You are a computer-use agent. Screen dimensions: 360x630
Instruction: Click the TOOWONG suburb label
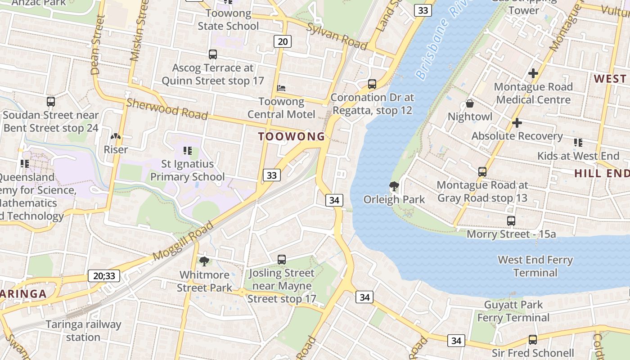(x=292, y=136)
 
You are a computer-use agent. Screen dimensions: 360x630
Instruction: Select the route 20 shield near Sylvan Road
(x=283, y=42)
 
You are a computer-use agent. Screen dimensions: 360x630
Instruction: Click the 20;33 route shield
(x=104, y=276)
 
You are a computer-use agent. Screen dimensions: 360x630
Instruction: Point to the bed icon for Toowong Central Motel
(x=282, y=88)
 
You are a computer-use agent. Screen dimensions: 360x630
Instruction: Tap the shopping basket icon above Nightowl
(x=470, y=103)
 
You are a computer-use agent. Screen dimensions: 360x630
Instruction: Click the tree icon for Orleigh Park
(x=394, y=186)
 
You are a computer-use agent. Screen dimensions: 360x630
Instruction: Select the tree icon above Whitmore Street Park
(x=204, y=261)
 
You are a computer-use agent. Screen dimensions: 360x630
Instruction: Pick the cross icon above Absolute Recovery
(x=517, y=122)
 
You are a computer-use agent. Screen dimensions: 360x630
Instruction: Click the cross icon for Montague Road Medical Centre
(x=533, y=73)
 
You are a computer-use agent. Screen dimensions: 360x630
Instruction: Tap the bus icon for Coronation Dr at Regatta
(x=372, y=84)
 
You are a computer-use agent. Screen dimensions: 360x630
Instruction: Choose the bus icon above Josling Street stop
(x=282, y=259)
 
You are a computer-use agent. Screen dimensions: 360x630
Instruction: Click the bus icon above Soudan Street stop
(x=51, y=102)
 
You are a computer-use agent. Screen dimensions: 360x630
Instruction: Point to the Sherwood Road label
(x=167, y=109)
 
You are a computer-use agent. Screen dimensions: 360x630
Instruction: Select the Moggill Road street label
(x=183, y=241)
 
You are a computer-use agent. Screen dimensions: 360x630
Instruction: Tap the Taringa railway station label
(x=83, y=331)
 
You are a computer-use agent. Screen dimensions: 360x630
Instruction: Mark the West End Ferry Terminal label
(x=535, y=266)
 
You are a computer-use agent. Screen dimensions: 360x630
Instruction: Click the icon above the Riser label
(x=116, y=136)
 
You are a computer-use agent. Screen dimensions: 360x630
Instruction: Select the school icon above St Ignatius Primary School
(x=188, y=150)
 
